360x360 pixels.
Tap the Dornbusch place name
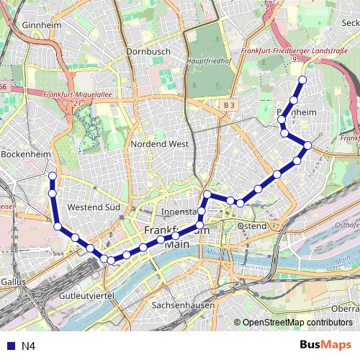147,52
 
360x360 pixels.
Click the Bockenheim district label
24,154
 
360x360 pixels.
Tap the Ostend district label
251,226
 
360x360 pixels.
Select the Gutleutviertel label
86,296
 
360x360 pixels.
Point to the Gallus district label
13,282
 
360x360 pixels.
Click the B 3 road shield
229,105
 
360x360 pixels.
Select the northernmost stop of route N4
302,80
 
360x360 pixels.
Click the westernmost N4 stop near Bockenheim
52,176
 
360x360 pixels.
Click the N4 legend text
28,346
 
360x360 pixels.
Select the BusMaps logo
325,345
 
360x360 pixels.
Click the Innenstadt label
180,212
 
